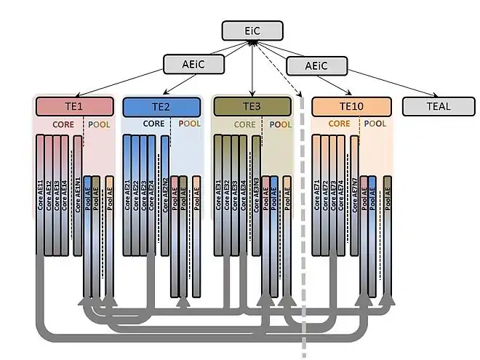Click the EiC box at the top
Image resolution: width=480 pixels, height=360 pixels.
[x=251, y=31]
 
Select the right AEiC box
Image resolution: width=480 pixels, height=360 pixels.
[x=316, y=65]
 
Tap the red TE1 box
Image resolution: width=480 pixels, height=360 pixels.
[x=75, y=106]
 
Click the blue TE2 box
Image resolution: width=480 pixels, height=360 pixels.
[x=161, y=107]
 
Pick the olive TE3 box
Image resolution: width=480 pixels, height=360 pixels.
[x=252, y=107]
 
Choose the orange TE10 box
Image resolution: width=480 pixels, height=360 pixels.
[x=351, y=107]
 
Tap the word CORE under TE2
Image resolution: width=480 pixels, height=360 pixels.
[x=153, y=124]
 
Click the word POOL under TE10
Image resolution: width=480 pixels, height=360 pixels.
[x=375, y=124]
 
